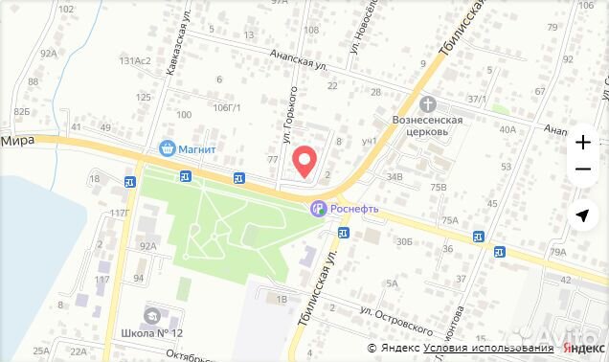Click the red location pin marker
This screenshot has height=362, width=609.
304,161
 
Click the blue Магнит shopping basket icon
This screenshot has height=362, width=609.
168,149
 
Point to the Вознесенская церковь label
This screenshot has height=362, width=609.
428,126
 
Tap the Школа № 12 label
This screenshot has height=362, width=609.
151,333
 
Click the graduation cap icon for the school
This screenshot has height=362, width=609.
151,315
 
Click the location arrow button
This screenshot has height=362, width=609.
582,215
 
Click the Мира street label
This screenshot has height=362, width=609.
17,140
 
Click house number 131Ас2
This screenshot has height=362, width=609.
136,61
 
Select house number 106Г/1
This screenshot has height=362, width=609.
227,107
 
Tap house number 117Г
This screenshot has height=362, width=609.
120,213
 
